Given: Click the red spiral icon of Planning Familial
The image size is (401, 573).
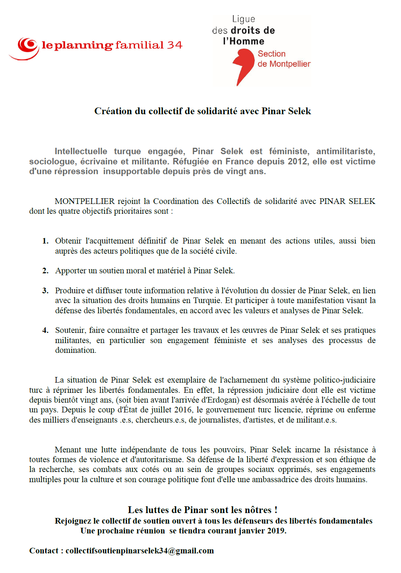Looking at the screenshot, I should click(x=27, y=46).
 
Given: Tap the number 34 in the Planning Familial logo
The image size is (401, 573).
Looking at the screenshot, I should click(x=174, y=45).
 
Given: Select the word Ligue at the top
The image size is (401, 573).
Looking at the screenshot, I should click(x=243, y=19).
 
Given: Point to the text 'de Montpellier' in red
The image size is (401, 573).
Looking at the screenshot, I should click(x=284, y=64).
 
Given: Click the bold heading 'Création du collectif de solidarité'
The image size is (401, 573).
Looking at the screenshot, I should click(x=202, y=111).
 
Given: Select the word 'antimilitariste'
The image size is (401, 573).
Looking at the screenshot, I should click(x=345, y=151).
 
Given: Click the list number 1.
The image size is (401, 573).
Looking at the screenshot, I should click(x=45, y=241).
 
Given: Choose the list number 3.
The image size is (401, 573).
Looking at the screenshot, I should click(x=45, y=291).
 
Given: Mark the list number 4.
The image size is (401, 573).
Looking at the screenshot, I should click(x=45, y=330).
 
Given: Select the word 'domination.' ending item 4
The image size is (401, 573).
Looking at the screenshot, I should click(x=75, y=350).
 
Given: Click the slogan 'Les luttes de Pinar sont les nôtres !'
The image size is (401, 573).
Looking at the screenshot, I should click(x=202, y=510).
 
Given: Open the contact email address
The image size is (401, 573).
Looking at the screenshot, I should click(x=139, y=551).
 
